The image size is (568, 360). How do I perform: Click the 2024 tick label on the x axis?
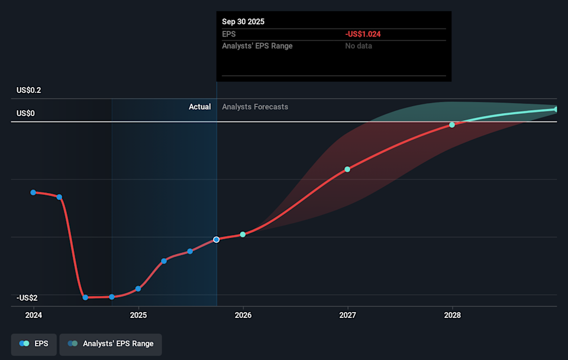click(x=34, y=315)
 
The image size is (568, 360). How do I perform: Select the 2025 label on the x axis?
click(x=138, y=315)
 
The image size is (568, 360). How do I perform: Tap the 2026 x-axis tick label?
click(x=243, y=315)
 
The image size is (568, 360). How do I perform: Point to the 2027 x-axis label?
click(x=347, y=315)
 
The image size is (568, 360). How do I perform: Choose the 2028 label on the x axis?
click(x=452, y=315)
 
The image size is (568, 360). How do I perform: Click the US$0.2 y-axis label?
click(x=29, y=91)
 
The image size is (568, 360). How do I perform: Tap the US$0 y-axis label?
click(x=25, y=113)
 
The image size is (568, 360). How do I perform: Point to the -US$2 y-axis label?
click(x=28, y=298)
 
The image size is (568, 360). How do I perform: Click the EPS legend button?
click(x=34, y=344)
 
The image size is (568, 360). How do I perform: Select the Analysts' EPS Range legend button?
click(x=110, y=344)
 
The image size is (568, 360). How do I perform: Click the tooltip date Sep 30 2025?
click(x=243, y=21)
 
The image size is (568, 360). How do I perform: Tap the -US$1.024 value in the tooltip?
click(x=363, y=34)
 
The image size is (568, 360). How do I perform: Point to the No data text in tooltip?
click(x=359, y=46)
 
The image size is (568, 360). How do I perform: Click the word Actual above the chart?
click(x=199, y=107)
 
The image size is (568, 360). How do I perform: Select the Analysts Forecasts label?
click(x=255, y=107)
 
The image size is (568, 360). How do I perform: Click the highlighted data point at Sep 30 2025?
click(x=217, y=239)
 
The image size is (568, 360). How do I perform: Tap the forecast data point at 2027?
click(x=347, y=169)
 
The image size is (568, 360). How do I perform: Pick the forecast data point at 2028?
click(x=452, y=125)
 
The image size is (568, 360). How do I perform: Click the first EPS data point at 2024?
click(x=33, y=192)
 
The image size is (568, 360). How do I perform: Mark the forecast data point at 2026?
click(x=243, y=234)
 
